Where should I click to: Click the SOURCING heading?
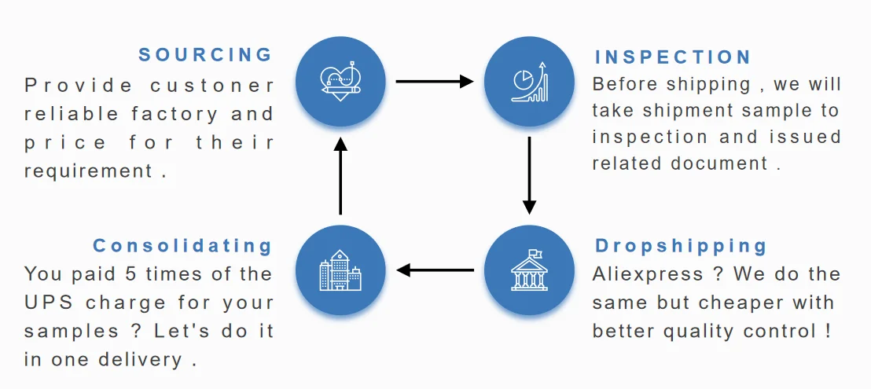(x=205, y=55)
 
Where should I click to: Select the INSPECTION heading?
(x=673, y=57)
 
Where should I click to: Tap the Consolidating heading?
(x=182, y=245)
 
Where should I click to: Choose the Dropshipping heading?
(x=681, y=245)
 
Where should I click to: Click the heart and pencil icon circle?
(x=340, y=80)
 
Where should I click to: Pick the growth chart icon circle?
(x=529, y=80)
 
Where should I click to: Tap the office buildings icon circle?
(x=340, y=271)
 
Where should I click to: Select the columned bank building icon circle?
(x=529, y=271)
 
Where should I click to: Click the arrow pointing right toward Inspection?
(x=435, y=81)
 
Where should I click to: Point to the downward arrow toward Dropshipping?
(x=529, y=175)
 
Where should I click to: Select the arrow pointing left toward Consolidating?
(x=435, y=271)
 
